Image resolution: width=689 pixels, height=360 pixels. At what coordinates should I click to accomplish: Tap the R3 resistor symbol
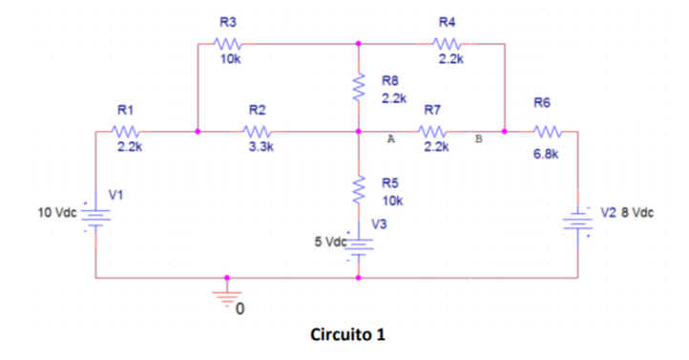(x=229, y=43)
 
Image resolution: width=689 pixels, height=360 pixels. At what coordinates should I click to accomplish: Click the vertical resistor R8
(x=359, y=87)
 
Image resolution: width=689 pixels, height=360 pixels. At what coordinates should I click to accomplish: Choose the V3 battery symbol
(x=359, y=244)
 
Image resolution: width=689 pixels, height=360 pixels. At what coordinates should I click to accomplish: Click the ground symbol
(x=227, y=295)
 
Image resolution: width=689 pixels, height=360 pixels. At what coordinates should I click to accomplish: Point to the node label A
(x=390, y=139)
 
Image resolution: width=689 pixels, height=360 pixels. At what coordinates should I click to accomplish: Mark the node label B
(x=479, y=139)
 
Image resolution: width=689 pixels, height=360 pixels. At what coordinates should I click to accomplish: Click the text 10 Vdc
(x=57, y=211)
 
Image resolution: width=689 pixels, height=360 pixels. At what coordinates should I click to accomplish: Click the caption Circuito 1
(x=348, y=335)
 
